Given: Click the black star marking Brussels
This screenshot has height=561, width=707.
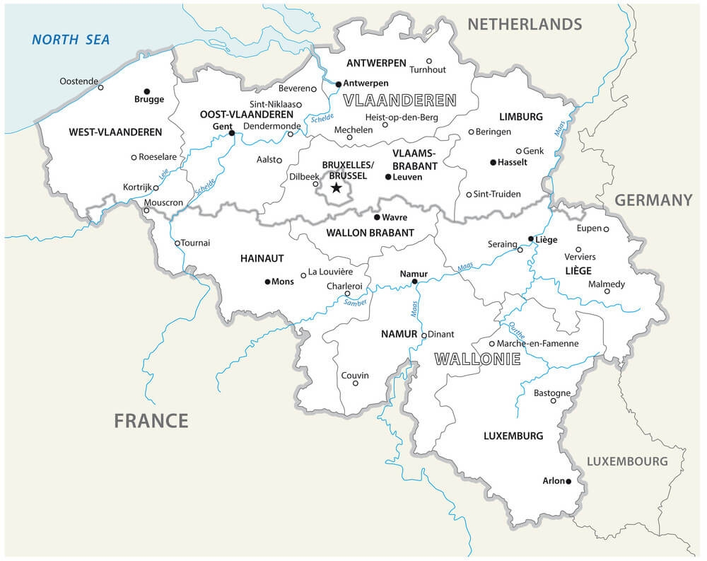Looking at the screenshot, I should pos(337,188).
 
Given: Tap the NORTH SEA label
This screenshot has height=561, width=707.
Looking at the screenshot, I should pos(71,40).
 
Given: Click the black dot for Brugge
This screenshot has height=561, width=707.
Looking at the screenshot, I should pos(147,91).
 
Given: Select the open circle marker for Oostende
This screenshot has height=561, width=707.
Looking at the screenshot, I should pos(100,88).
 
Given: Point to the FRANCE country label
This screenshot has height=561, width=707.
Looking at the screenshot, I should pos(151,421).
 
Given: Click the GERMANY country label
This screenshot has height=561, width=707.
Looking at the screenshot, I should pos(653,200).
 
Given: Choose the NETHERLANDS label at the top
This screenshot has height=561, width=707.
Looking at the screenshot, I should pos(525,24).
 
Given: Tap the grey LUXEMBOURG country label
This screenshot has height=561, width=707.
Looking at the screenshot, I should pos(627,461).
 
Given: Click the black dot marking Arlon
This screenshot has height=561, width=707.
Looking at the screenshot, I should pos(568,482).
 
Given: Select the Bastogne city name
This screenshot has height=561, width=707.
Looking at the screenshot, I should pos(551,393).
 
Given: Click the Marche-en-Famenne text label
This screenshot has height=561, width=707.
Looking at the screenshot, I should pos(537,343).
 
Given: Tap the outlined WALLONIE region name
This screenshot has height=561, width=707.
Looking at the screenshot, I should pos(477,359).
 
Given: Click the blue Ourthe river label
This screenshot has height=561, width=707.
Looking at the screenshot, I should pos(517,330).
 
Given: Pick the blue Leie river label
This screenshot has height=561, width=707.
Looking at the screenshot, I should pos(164,170).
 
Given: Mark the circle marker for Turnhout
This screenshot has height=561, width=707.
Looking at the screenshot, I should pos(429,61).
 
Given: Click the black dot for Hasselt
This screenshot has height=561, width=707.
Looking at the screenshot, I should pos(493,162).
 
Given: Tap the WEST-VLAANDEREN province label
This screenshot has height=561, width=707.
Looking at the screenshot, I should pos(115,132).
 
